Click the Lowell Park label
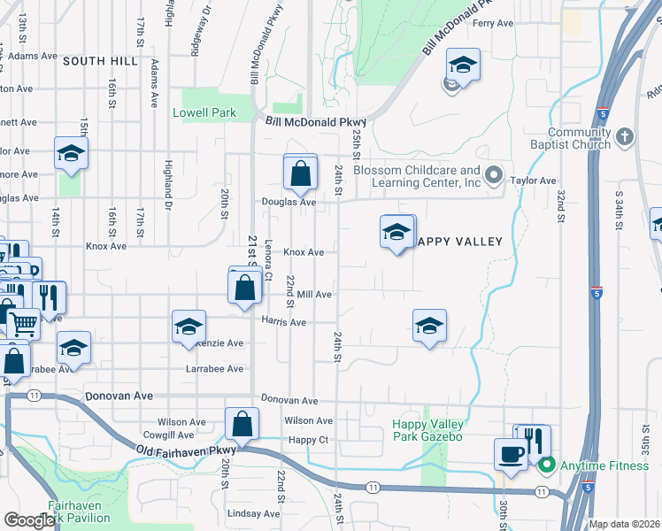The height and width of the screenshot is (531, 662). pos(204,113)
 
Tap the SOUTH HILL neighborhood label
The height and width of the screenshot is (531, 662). pos(100,61)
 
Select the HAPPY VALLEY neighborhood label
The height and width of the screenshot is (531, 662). pos(458,242)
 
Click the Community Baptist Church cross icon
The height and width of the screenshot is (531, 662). pos(625,136)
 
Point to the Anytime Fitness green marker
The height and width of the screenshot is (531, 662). pos(546,465)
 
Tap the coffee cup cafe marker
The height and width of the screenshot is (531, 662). pos(511,455)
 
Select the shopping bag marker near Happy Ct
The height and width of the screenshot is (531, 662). pos(242,425)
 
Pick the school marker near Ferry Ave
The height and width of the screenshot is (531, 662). pos(462,65)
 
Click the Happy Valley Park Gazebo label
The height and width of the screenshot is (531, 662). pos(427,430)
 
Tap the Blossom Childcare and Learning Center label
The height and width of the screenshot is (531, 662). pos(416,176)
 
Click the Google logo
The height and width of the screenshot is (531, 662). pos(30,520)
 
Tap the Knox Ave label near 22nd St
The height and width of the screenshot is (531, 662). pos(304,252)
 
